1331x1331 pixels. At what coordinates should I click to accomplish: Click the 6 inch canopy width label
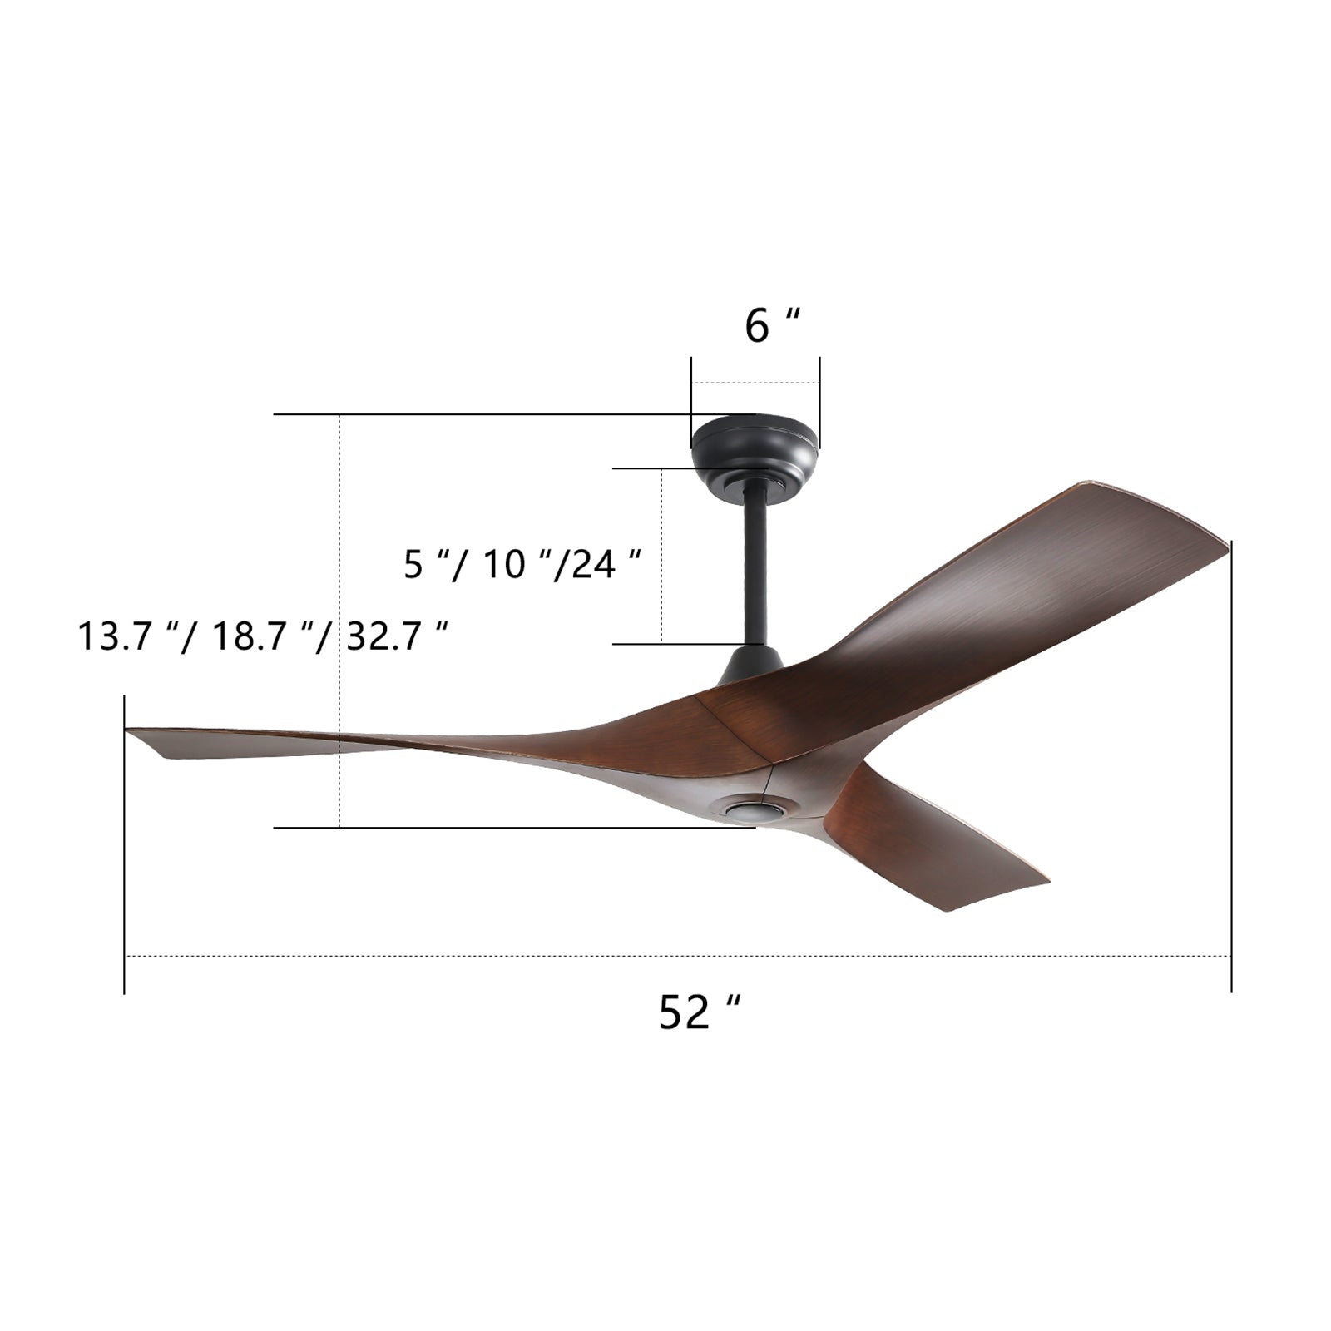[x=771, y=325]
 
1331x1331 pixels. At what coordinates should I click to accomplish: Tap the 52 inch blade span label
[x=698, y=1012]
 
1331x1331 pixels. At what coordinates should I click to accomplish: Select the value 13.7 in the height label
[x=113, y=637]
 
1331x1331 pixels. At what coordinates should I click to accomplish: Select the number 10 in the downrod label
[x=504, y=565]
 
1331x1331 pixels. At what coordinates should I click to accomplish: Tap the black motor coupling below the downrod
[x=753, y=664]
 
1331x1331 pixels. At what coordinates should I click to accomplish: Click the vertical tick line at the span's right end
[x=1230, y=765]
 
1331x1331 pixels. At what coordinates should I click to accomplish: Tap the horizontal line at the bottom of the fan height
[x=499, y=828]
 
